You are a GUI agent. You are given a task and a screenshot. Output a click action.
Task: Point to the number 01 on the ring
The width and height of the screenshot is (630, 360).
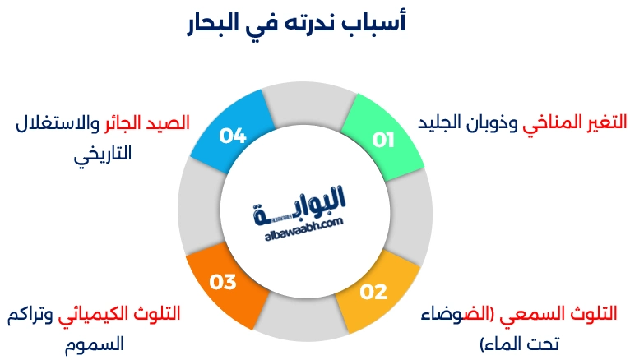point(383,140)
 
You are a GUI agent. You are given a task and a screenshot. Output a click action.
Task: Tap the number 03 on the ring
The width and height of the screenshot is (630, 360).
point(222,282)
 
